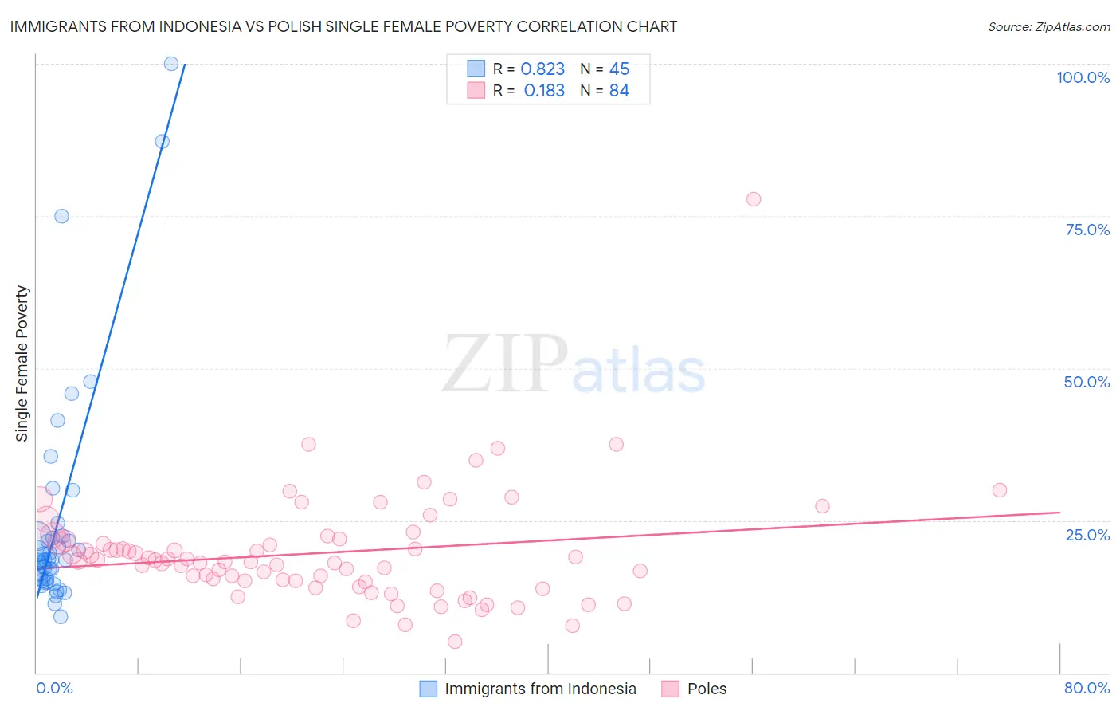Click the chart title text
click(x=343, y=26)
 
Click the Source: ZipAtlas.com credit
click(x=1048, y=26)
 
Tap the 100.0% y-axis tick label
click(x=1083, y=77)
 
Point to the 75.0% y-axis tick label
click(x=1087, y=230)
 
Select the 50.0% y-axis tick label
click(x=1087, y=382)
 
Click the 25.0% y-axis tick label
click(x=1087, y=535)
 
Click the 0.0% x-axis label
click(x=54, y=688)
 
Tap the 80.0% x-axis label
click(x=1087, y=688)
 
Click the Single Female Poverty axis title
click(x=22, y=363)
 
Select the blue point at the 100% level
click(x=171, y=64)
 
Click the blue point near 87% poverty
click(x=162, y=141)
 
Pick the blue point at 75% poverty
click(x=61, y=216)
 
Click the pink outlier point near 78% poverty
click(x=754, y=199)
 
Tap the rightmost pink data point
click(x=1000, y=490)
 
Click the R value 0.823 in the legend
click(x=542, y=69)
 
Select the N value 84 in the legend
click(x=619, y=91)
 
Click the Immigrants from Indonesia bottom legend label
click(x=540, y=689)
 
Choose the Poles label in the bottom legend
click(x=707, y=689)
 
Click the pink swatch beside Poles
click(x=670, y=689)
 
